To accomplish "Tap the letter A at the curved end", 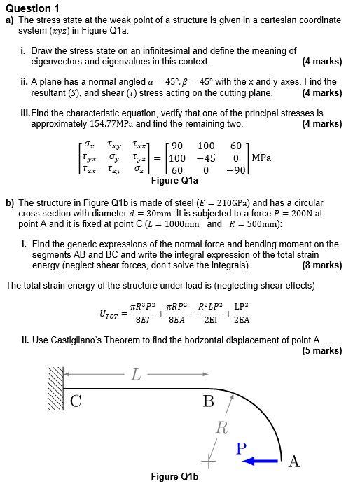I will (x=294, y=461).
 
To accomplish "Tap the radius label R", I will (x=222, y=427).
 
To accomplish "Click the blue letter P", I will (x=241, y=448).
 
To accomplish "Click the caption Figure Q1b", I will (x=175, y=477).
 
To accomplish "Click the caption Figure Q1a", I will (x=175, y=180).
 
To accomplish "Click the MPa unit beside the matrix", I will (x=261, y=157).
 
